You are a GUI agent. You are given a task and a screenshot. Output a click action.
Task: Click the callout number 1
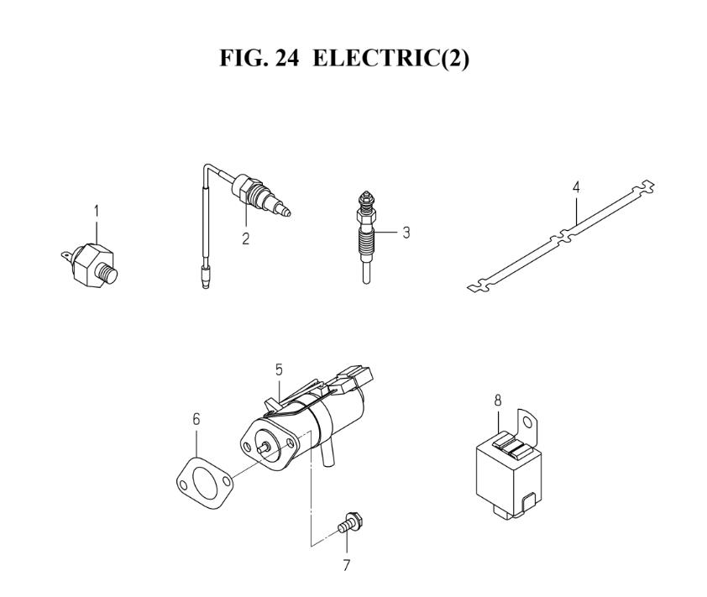(97, 211)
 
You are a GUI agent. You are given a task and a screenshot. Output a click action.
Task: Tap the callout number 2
(245, 238)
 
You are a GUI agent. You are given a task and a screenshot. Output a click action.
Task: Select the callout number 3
(406, 233)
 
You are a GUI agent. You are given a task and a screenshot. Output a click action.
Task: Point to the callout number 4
(576, 187)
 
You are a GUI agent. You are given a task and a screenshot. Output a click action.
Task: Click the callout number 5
(279, 370)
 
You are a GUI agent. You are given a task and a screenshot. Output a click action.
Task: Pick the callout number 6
(196, 419)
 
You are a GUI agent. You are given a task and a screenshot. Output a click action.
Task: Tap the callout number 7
(346, 565)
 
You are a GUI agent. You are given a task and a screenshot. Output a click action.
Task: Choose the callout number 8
(498, 400)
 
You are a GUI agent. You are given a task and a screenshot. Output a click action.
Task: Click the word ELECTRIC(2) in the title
(390, 59)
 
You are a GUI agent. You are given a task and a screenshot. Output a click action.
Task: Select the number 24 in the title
(286, 59)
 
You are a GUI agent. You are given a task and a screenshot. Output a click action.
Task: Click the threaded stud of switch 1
(107, 273)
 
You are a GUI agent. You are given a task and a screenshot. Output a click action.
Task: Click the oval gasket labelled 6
(204, 484)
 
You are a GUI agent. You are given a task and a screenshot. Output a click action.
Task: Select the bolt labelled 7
(350, 523)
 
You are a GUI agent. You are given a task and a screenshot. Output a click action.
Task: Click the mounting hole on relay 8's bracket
(527, 422)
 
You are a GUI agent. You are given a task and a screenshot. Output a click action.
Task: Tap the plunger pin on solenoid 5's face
(263, 448)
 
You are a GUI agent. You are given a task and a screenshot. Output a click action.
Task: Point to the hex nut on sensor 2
(246, 189)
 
